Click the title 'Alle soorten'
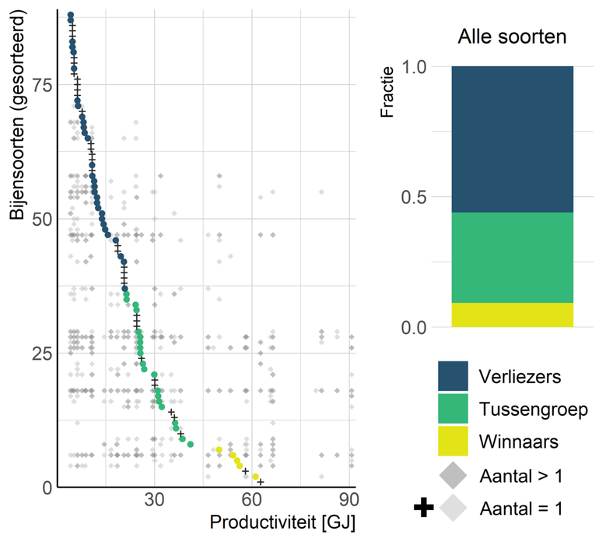(512, 37)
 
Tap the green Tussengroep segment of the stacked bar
(512, 257)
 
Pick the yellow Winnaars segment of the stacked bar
(512, 315)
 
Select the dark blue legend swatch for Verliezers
(453, 376)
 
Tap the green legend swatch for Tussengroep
(453, 409)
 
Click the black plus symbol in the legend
(423, 509)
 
